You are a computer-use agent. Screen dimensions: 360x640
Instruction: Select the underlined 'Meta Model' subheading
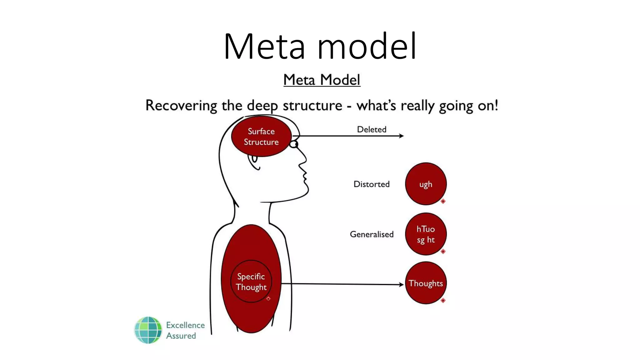[x=322, y=80]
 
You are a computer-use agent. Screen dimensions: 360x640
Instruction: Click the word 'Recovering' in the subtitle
[x=181, y=105]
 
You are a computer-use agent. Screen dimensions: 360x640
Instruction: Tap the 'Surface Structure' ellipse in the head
[x=261, y=137]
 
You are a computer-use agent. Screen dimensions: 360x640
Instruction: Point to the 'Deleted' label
[x=372, y=129]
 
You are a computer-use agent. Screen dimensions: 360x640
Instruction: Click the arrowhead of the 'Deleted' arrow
[x=401, y=136]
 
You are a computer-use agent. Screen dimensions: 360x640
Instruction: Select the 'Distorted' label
[x=371, y=184]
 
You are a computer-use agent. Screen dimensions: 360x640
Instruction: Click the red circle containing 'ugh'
[x=426, y=184]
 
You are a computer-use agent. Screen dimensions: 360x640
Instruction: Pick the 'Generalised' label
[x=372, y=234]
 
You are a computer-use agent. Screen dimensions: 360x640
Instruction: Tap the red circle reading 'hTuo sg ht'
[x=426, y=234]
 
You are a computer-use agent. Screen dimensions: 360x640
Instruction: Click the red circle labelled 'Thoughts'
[x=426, y=283]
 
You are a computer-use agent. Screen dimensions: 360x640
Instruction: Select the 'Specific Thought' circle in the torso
[x=251, y=281]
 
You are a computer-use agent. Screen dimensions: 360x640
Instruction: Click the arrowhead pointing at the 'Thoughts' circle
[x=401, y=284]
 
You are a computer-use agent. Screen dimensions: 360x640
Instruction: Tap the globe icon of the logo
[x=148, y=330]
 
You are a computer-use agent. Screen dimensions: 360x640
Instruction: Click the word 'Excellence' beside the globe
[x=185, y=325]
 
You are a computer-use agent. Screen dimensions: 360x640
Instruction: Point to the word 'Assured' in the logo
[x=181, y=336]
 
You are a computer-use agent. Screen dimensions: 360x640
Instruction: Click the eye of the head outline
[x=294, y=144]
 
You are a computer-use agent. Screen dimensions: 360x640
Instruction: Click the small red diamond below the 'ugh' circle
[x=443, y=201]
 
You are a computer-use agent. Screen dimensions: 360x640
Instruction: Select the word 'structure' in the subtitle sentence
[x=312, y=105]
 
